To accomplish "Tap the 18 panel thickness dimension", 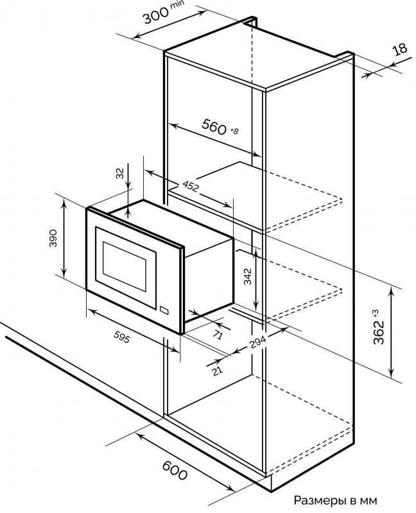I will [400, 51].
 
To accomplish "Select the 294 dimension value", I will [258, 344].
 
